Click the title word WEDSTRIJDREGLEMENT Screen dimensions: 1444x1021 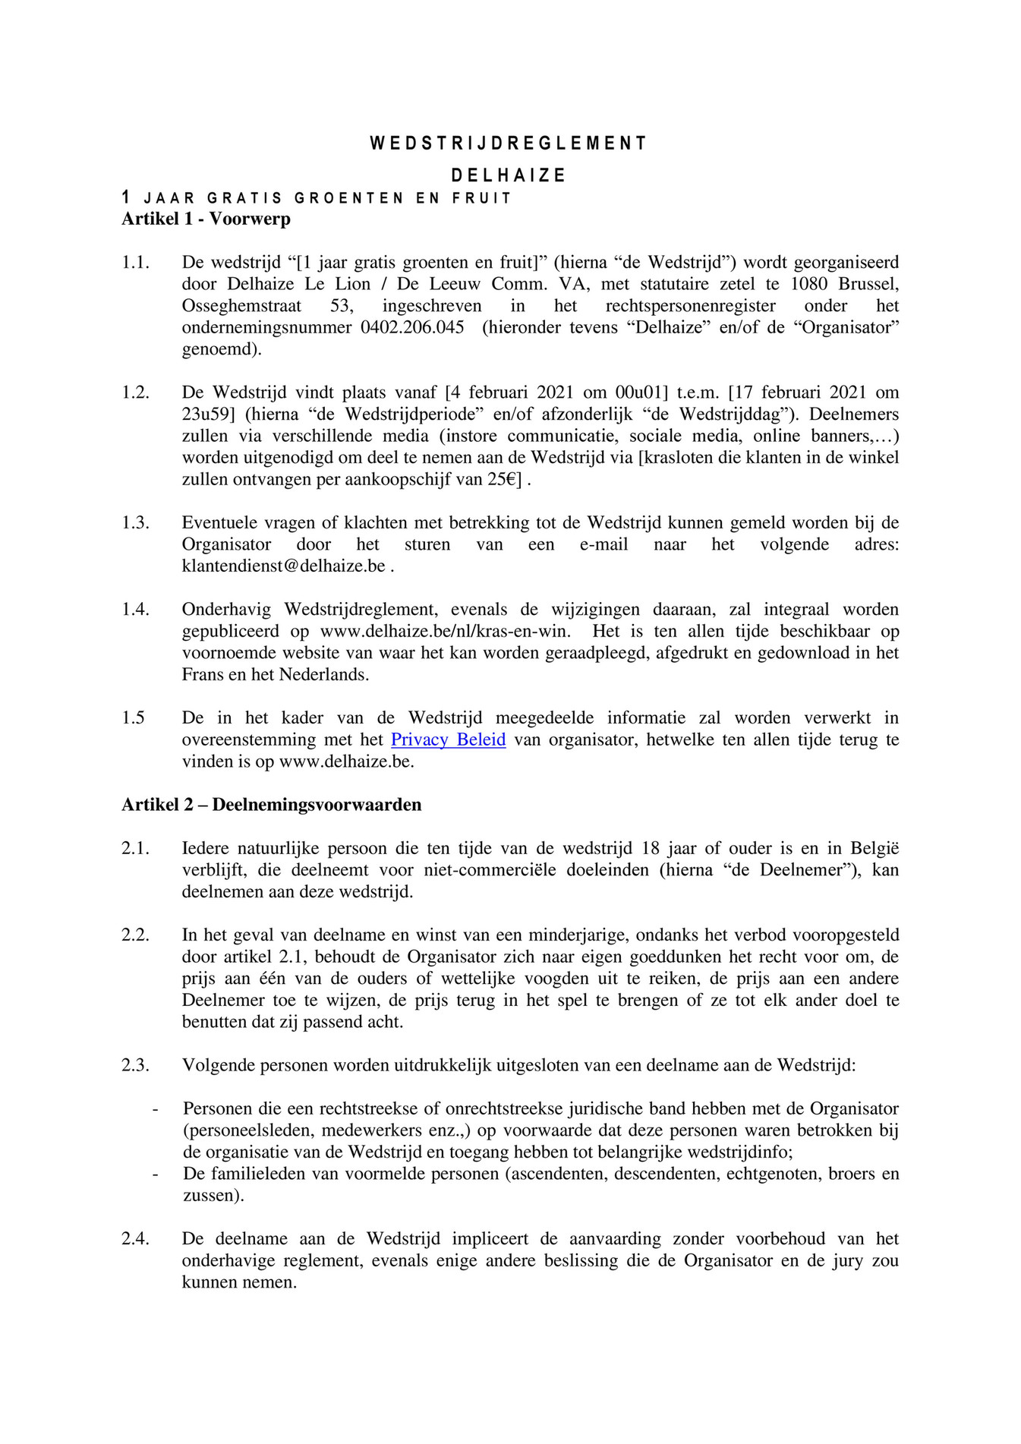tap(509, 143)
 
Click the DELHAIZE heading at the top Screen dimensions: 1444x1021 tap(509, 175)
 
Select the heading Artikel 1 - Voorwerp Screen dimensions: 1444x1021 tap(206, 219)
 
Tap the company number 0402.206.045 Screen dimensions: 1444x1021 tap(412, 328)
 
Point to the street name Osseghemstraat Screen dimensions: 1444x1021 tap(241, 306)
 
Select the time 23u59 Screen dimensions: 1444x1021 tap(206, 415)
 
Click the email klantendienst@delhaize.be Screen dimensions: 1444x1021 tap(284, 566)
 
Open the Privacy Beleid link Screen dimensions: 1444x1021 tap(448, 739)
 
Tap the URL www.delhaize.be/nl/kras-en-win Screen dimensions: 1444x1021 tap(446, 632)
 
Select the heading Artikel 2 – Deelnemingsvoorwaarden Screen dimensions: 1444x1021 tap(271, 805)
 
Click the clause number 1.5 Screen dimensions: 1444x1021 tap(133, 718)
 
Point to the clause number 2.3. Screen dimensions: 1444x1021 tap(135, 1065)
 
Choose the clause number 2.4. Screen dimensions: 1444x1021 tap(135, 1239)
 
